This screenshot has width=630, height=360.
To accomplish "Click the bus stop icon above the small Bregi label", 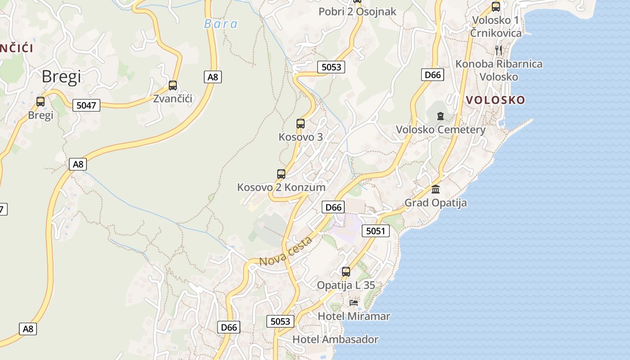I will click(x=40, y=102).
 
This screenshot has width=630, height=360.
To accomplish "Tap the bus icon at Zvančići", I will click(x=173, y=85).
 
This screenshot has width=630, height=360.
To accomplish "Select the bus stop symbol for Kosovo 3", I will click(x=301, y=124).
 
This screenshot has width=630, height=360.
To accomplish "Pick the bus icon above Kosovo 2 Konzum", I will click(x=281, y=174).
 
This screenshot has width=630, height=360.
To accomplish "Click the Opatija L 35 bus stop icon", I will click(x=346, y=272).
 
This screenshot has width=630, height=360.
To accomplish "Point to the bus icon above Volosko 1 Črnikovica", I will click(x=496, y=7).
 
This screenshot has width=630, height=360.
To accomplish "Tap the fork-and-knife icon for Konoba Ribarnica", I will click(x=499, y=50).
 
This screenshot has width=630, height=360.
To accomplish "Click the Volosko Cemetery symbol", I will click(x=440, y=117).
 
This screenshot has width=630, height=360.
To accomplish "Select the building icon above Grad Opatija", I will click(x=436, y=189).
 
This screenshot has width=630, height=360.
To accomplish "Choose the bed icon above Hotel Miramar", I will click(x=354, y=303).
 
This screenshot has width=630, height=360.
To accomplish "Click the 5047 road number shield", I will click(x=86, y=105).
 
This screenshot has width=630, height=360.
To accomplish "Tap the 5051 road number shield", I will click(x=375, y=231).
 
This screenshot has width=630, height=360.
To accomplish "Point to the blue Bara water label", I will click(x=220, y=24).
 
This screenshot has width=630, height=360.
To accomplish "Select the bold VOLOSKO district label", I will click(x=495, y=100).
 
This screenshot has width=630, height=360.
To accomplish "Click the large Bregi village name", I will click(x=61, y=76).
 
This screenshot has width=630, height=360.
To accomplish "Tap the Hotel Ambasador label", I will click(x=335, y=339).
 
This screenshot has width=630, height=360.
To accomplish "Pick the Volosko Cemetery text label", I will click(x=441, y=130).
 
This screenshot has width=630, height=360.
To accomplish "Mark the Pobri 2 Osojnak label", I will click(x=357, y=12).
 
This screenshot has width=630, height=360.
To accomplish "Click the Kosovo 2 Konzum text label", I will click(x=281, y=187).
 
